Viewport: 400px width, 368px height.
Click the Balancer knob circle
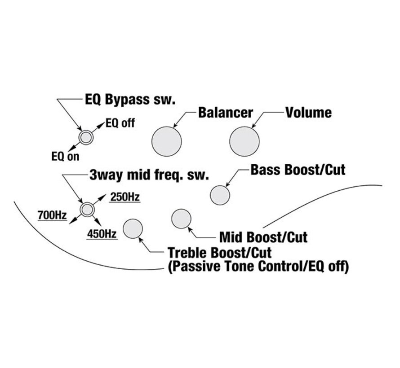[167, 141]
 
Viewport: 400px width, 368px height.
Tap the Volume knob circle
[244, 141]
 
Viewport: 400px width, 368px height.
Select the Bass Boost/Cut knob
[220, 195]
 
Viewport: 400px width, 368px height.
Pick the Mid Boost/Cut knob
[182, 219]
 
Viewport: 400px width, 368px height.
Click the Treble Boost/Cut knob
[133, 229]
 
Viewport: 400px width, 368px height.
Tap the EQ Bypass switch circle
[86, 137]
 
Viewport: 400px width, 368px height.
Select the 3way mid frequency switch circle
[87, 209]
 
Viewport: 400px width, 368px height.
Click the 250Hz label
[125, 197]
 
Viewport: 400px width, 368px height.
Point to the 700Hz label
[52, 215]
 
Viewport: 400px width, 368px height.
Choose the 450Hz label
[102, 234]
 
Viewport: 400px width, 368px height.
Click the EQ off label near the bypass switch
[120, 123]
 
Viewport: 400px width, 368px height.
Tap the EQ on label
[66, 156]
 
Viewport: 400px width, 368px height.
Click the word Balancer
[226, 113]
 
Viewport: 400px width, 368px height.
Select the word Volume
[308, 113]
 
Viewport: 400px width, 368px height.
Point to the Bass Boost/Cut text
[298, 170]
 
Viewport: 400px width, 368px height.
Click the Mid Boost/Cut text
[263, 237]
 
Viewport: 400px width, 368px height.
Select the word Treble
[187, 253]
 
